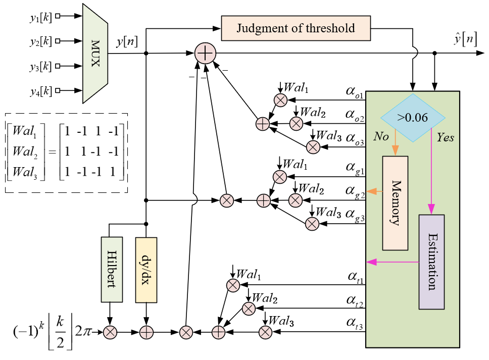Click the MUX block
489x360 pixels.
(95, 53)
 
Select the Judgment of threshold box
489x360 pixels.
(296, 28)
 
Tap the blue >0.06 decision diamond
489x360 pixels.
(413, 118)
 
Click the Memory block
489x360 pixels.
(395, 202)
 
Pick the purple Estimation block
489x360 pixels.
(431, 262)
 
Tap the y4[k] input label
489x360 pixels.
(40, 91)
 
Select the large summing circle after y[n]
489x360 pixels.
(205, 53)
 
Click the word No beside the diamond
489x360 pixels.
(381, 136)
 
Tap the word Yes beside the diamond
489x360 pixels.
(444, 137)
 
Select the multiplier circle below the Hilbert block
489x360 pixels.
(111, 332)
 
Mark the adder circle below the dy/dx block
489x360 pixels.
(146, 332)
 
